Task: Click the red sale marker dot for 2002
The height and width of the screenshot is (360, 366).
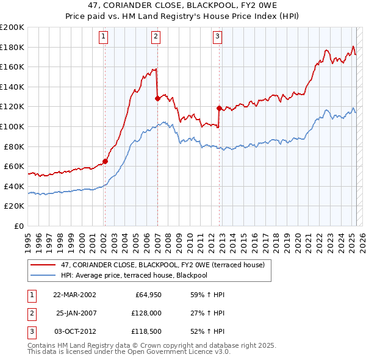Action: [105, 162]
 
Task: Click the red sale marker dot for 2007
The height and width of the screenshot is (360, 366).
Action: [157, 98]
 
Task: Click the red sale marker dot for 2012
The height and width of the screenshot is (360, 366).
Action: [218, 108]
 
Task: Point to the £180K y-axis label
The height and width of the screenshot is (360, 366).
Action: [12, 47]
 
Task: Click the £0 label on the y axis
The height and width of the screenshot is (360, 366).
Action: [18, 226]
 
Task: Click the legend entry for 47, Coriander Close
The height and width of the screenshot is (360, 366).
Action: [162, 265]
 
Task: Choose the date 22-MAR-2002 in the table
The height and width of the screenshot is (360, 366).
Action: [74, 295]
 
